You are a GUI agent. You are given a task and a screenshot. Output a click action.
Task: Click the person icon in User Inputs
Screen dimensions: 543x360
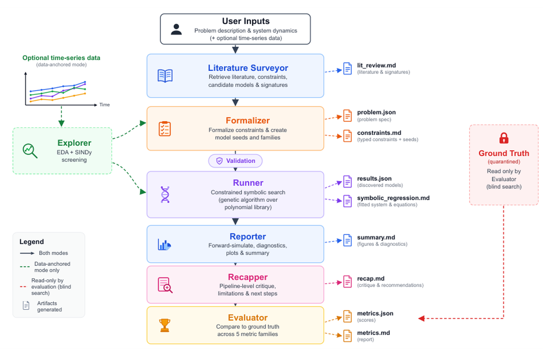176,29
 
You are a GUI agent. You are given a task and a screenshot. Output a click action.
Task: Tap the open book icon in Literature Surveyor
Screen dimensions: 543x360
165,76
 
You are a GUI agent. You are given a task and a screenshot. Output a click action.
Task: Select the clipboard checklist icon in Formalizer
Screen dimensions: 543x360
165,129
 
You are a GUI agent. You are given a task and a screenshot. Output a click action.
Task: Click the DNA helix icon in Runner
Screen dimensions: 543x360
165,194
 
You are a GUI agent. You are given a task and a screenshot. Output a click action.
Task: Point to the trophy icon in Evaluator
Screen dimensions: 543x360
164,325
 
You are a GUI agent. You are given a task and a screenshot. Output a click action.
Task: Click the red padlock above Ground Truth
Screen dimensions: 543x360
504,138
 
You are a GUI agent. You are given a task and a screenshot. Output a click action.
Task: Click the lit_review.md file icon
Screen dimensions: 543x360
348,68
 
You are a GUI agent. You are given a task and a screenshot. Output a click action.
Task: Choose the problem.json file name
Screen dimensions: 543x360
376,112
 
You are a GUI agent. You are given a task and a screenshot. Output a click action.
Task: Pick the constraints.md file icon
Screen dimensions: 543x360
348,136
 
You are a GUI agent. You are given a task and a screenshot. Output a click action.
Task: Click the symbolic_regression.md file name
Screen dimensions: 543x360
393,198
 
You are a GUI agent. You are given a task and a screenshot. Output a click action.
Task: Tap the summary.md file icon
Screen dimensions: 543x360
348,240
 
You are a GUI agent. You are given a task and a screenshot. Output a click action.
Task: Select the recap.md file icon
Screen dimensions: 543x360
348,282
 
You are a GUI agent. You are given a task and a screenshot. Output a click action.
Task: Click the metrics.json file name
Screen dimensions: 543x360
375,313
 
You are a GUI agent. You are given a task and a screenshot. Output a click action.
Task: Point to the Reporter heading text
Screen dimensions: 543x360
247,236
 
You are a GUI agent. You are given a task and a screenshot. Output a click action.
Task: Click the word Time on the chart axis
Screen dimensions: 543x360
104,105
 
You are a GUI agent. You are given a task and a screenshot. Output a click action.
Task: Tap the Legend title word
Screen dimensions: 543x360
31,242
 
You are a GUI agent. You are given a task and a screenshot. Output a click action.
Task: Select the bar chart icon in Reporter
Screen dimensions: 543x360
164,245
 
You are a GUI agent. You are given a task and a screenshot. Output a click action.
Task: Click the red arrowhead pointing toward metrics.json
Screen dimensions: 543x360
421,318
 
